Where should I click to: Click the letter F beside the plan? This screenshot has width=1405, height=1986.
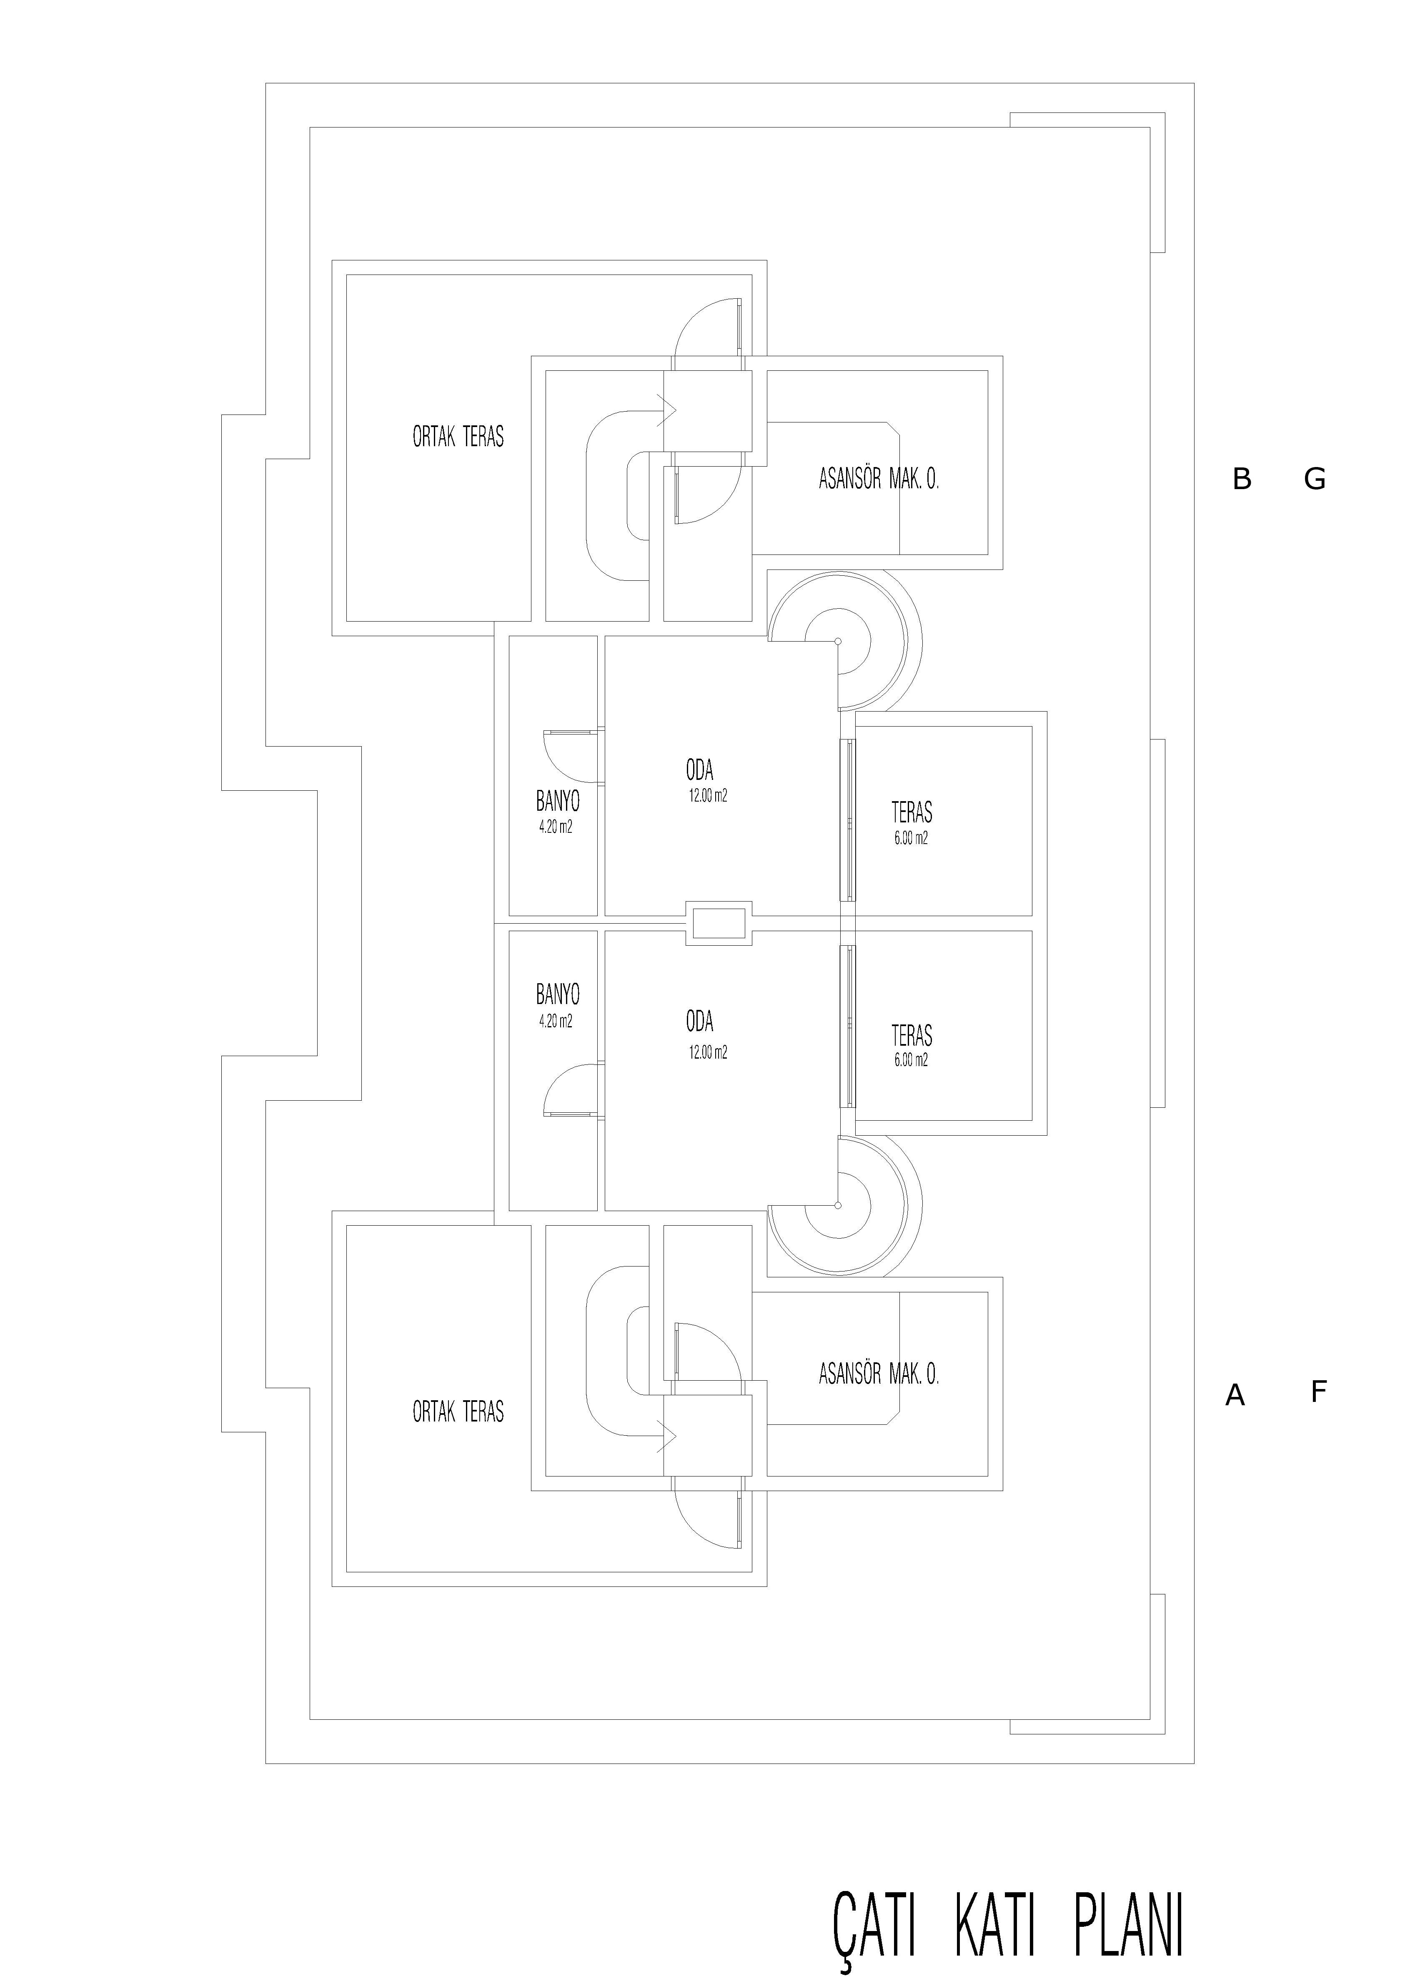[x=1318, y=1392]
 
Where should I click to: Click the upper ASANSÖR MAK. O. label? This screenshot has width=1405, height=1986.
[x=878, y=479]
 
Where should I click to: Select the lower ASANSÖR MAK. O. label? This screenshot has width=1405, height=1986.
[x=878, y=1374]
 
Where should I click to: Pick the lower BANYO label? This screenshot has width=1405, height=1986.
[x=557, y=994]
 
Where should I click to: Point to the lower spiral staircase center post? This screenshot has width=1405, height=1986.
[x=837, y=1205]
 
